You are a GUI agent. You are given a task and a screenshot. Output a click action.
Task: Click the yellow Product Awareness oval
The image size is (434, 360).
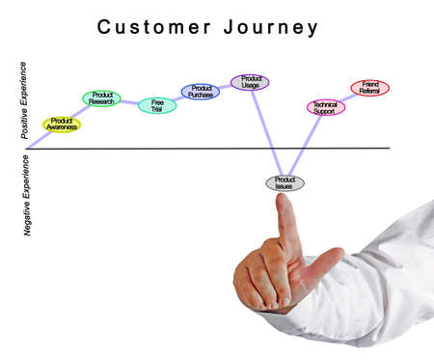[x=62, y=125]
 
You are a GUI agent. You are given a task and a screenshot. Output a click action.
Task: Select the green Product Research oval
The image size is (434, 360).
[x=102, y=97]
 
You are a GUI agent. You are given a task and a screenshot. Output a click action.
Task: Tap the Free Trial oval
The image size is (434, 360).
[x=157, y=104]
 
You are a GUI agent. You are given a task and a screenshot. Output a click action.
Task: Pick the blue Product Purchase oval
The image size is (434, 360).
[x=201, y=92]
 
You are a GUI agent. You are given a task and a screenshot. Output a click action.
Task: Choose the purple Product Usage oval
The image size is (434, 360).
[x=250, y=82]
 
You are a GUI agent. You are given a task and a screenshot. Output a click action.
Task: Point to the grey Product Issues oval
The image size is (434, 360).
[x=285, y=182]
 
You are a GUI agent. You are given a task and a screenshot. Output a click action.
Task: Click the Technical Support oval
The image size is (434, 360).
[x=325, y=107]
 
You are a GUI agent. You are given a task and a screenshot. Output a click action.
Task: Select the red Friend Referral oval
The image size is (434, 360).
[x=369, y=88]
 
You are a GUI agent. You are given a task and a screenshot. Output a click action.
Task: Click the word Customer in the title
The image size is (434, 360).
[x=153, y=27]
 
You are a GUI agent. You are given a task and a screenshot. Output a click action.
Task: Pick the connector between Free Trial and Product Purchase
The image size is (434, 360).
[x=178, y=98]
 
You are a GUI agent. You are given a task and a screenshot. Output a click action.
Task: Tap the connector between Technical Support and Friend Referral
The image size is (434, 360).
[x=347, y=97]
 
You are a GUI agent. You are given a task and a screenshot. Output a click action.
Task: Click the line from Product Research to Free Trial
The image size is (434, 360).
[x=129, y=101]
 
